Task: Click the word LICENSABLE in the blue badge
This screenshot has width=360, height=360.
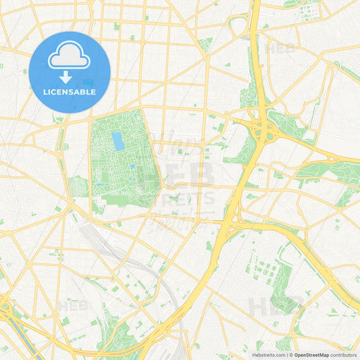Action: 70,92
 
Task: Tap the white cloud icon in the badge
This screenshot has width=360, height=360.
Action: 70,57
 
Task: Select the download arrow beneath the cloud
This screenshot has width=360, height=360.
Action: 66,77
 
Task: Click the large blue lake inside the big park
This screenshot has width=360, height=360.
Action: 118,141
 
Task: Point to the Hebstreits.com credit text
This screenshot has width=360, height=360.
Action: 268,354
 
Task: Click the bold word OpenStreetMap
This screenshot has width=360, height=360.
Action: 312,354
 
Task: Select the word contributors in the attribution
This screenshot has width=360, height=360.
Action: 343,354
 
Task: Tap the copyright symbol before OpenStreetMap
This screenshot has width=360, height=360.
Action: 291,354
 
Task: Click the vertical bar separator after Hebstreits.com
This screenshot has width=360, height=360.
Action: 286,354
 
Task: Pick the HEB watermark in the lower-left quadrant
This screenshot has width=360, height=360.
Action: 73,305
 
